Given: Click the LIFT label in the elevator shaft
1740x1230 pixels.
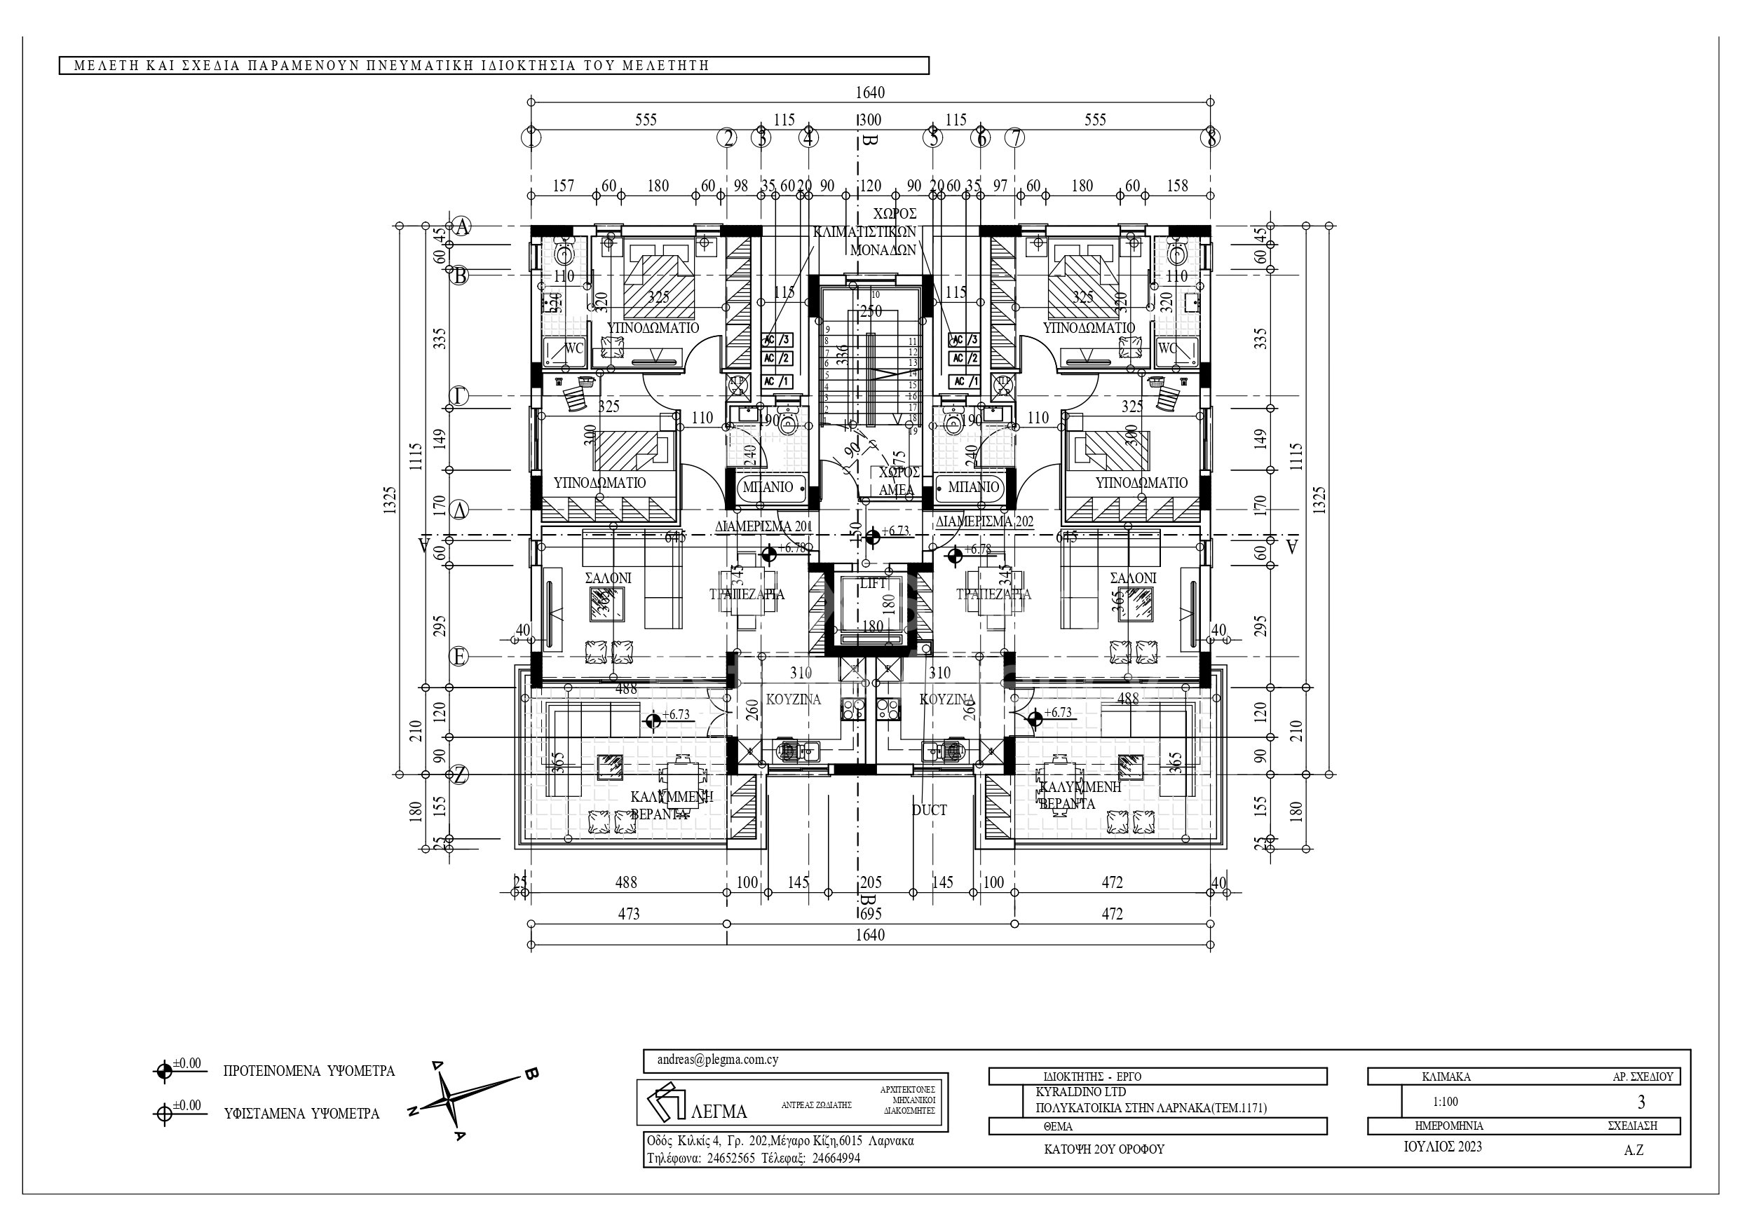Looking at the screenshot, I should pyautogui.click(x=873, y=584).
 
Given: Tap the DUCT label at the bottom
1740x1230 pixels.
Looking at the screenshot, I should pyautogui.click(x=929, y=810).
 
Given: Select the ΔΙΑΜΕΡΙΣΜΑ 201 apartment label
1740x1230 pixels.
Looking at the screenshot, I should pyautogui.click(x=764, y=526).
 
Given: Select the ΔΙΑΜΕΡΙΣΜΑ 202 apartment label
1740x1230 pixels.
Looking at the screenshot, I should pyautogui.click(x=984, y=521).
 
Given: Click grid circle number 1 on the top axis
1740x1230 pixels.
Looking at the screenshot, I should pyautogui.click(x=532, y=138).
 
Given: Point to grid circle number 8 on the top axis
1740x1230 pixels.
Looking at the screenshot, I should pyautogui.click(x=1212, y=138).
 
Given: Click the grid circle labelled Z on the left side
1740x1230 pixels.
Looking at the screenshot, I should pyautogui.click(x=459, y=774).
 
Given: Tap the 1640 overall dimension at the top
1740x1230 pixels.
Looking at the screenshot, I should pyautogui.click(x=870, y=93).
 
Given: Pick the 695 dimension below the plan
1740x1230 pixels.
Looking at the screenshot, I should pyautogui.click(x=870, y=914).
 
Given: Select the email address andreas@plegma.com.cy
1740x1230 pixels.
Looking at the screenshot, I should pyautogui.click(x=718, y=1060).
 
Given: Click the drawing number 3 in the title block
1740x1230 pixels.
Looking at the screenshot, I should pyautogui.click(x=1641, y=1102).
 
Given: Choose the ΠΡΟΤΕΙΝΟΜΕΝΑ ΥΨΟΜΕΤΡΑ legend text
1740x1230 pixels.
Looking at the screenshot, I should pyautogui.click(x=308, y=1072).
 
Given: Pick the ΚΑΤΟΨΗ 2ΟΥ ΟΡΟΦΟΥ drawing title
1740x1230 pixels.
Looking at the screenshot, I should pyautogui.click(x=1103, y=1149).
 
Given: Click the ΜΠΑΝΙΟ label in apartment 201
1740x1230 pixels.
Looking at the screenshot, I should pyautogui.click(x=768, y=487).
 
